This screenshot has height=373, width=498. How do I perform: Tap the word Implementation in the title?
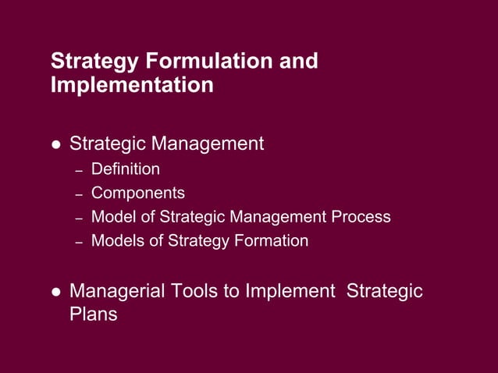[131, 85]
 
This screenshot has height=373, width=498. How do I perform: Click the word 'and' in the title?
[299, 62]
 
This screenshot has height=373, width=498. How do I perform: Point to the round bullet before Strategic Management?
[55, 145]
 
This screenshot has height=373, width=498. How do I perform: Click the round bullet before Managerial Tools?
[55, 293]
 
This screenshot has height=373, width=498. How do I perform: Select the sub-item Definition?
[125, 169]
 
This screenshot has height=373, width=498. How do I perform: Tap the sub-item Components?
[137, 193]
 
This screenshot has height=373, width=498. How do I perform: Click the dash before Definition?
[78, 170]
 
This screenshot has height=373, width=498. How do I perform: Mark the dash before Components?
[78, 194]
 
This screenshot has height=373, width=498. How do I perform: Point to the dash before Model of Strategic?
[78, 218]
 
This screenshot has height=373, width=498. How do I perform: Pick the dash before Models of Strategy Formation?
[78, 242]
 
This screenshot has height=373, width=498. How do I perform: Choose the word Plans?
[93, 314]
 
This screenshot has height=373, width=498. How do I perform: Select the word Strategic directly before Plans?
[384, 292]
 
